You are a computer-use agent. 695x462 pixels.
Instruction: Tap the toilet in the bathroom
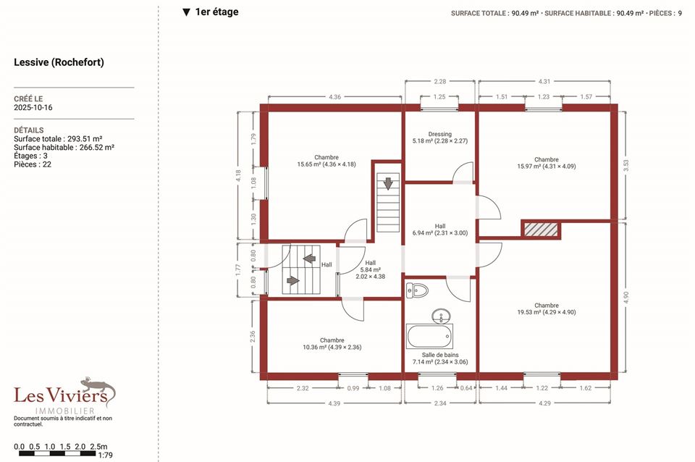coord(417,291)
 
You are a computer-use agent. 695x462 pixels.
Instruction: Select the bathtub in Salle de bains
coord(429,336)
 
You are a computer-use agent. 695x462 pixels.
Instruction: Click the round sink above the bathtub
coord(441,316)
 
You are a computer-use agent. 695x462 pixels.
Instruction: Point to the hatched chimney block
coord(541,230)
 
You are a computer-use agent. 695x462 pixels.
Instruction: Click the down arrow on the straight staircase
coord(388,183)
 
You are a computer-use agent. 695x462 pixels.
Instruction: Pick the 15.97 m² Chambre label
coord(546,163)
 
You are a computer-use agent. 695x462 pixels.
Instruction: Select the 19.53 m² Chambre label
coord(546,308)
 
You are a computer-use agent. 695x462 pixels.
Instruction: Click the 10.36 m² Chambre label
coord(332,344)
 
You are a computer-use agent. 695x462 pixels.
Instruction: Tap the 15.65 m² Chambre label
coord(327,161)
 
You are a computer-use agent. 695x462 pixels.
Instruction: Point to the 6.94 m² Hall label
coord(439,230)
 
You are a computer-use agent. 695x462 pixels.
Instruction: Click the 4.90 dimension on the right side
coord(625,298)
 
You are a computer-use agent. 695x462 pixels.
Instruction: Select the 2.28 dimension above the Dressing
coord(439,81)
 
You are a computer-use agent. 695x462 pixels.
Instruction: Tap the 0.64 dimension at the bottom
coord(466,388)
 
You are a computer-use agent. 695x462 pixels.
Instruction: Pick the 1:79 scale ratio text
coord(105,455)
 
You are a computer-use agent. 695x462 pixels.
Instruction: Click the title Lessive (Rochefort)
coord(59,62)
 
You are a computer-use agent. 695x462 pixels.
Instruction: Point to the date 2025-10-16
coord(33,107)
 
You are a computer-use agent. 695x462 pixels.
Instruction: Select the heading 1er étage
coord(211,12)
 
